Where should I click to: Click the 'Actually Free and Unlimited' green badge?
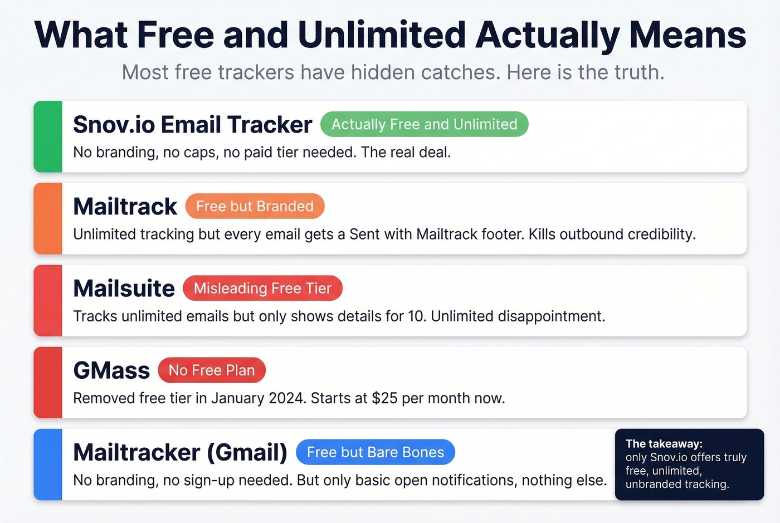[x=424, y=124]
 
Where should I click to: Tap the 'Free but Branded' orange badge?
[x=255, y=206]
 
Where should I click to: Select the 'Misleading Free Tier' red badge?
[x=262, y=288]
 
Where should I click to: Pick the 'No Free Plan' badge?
[x=212, y=370]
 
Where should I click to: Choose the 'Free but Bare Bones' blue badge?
[x=375, y=452]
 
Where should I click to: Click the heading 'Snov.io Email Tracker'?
[x=192, y=125]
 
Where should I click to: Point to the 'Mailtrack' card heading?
[x=125, y=207]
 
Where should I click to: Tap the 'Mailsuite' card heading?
[x=124, y=289]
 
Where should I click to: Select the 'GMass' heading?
[x=111, y=371]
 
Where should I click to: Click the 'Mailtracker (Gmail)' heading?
[x=180, y=453]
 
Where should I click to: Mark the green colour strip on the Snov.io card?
[x=48, y=136]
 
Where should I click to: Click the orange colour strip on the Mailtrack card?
[x=48, y=218]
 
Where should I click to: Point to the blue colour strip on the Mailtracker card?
[x=48, y=465]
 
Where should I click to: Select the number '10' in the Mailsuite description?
[x=416, y=316]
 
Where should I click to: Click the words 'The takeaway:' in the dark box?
[x=664, y=444]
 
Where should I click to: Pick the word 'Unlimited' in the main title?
[x=382, y=35]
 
